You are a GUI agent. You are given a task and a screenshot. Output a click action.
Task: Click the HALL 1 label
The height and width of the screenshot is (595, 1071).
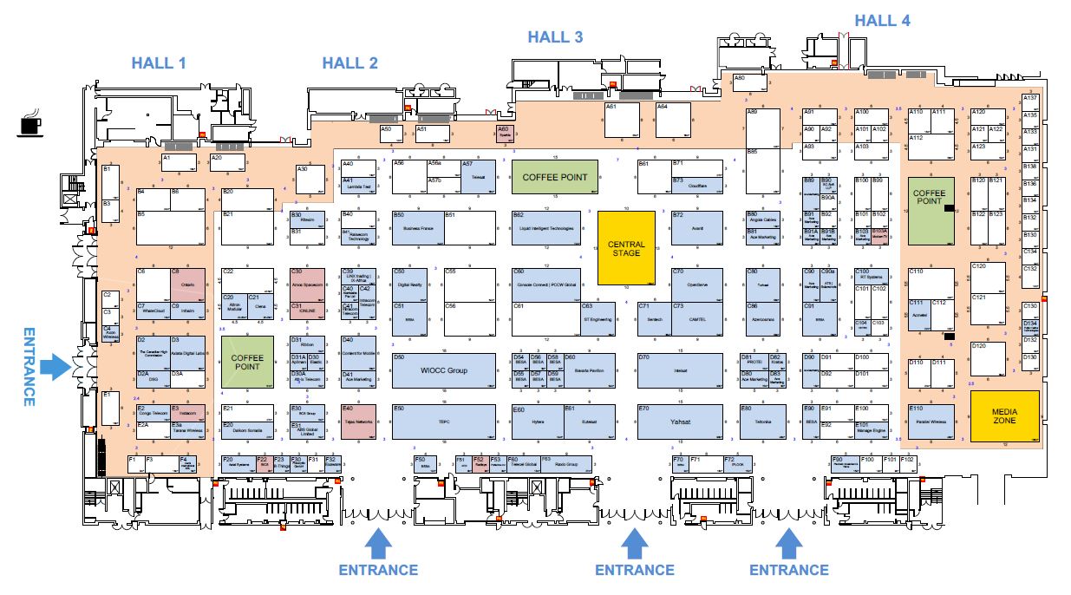tap(159, 62)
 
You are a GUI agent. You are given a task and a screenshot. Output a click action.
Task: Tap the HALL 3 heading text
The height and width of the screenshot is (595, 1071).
tap(555, 36)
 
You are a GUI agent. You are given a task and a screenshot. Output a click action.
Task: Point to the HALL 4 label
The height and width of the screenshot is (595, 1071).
tap(882, 21)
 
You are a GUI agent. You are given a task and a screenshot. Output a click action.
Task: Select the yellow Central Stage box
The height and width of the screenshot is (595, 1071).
tap(625, 247)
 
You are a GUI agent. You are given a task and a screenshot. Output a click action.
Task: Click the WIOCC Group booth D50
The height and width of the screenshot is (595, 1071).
tap(444, 370)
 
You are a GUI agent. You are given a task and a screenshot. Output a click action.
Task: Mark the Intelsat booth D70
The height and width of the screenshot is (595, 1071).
tap(680, 370)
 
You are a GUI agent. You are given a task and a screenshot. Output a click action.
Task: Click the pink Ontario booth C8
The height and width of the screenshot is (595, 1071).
tap(187, 283)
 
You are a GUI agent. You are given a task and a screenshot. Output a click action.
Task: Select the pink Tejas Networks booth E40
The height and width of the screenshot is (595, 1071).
tap(358, 421)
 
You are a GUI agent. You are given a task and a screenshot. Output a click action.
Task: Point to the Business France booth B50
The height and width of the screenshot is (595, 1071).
tap(417, 228)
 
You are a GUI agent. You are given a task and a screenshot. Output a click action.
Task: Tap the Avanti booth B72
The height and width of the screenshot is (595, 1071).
tap(696, 228)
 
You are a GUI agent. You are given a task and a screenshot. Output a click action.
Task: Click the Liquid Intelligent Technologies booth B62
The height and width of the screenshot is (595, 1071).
tap(546, 227)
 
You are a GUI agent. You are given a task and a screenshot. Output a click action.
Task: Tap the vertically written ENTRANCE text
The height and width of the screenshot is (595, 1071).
tap(29, 366)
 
